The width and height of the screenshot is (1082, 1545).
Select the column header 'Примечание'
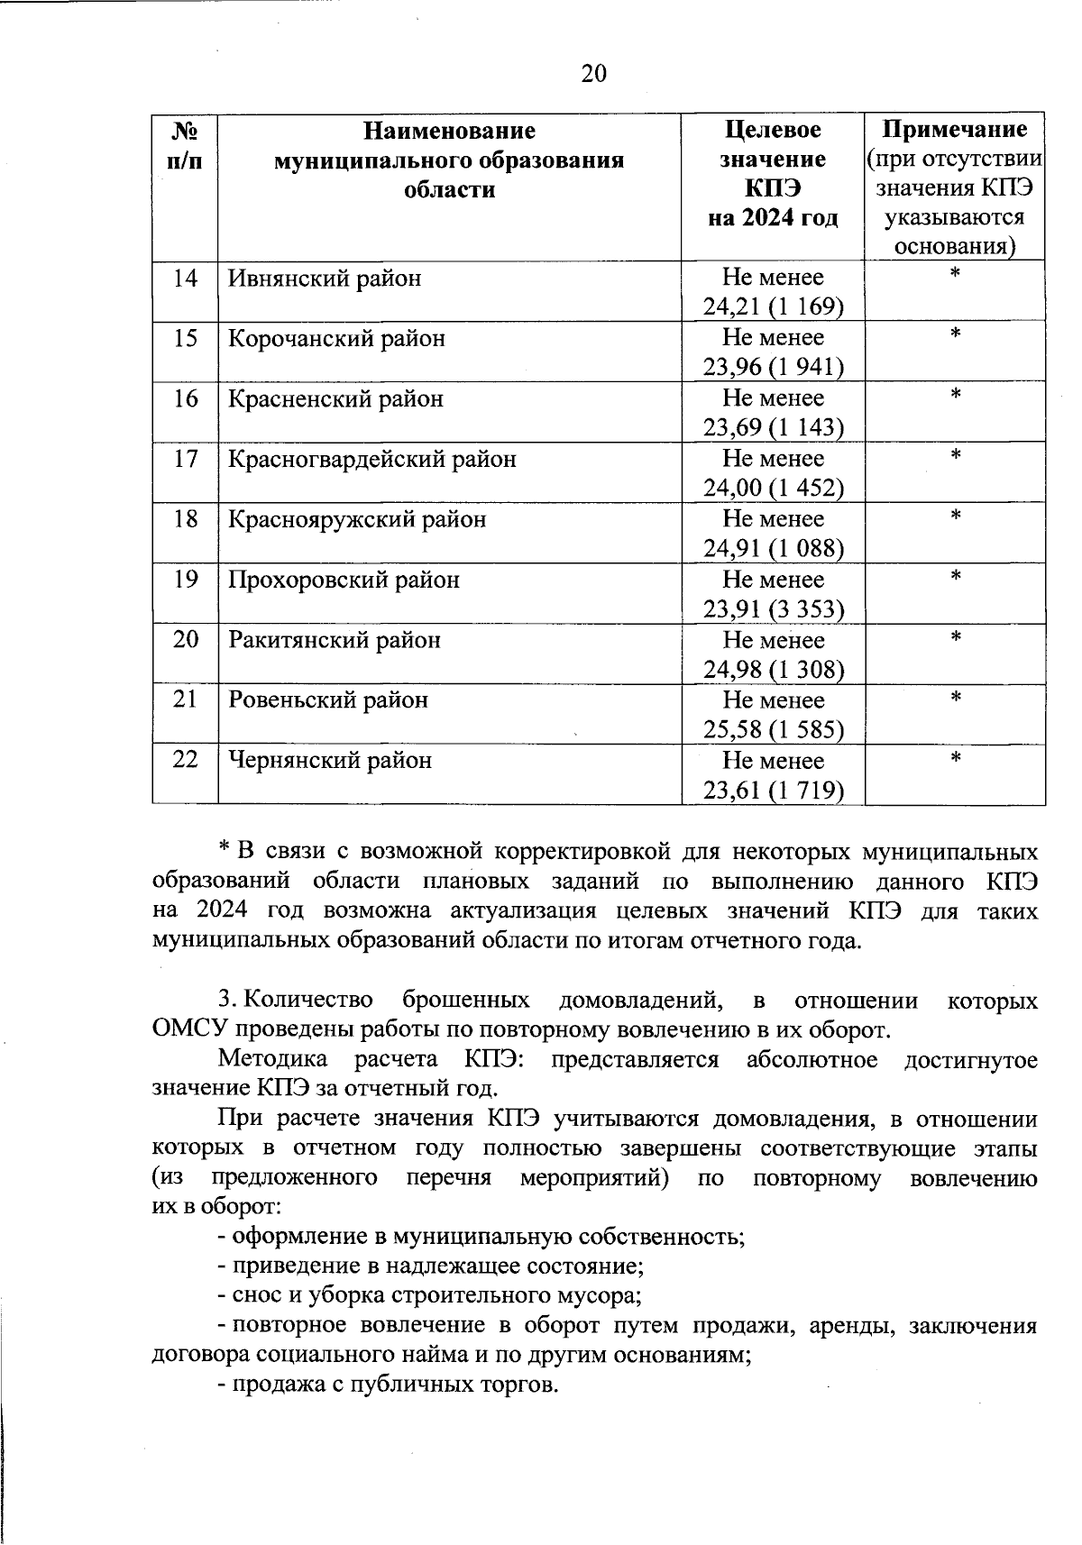pyautogui.click(x=954, y=130)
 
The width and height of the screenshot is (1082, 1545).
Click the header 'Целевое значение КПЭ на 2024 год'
pyautogui.click(x=773, y=173)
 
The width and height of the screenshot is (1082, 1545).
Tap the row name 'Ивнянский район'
pyautogui.click(x=325, y=279)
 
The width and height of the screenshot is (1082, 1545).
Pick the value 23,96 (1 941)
pyautogui.click(x=773, y=367)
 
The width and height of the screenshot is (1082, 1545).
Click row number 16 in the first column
pyautogui.click(x=185, y=398)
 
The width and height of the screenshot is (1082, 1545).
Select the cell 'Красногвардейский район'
pyautogui.click(x=372, y=460)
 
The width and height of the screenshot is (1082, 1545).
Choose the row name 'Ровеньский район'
pyautogui.click(x=328, y=700)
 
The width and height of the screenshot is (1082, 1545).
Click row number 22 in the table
pyautogui.click(x=185, y=760)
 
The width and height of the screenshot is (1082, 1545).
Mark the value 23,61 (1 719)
pyautogui.click(x=773, y=791)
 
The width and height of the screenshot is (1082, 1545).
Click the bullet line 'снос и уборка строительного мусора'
pyautogui.click(x=430, y=1296)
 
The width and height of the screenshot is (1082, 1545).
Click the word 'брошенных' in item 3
pyautogui.click(x=466, y=1001)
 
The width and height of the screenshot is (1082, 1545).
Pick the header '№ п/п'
pyautogui.click(x=185, y=145)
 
